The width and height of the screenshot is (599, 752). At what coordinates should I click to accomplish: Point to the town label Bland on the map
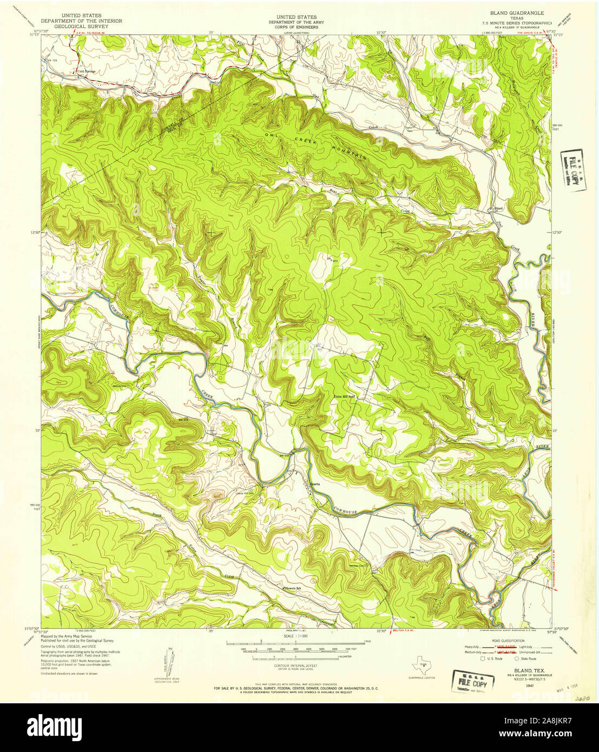pyautogui.click(x=497, y=208)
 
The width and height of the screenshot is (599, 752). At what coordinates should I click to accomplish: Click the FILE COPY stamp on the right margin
pyautogui.click(x=573, y=178)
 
